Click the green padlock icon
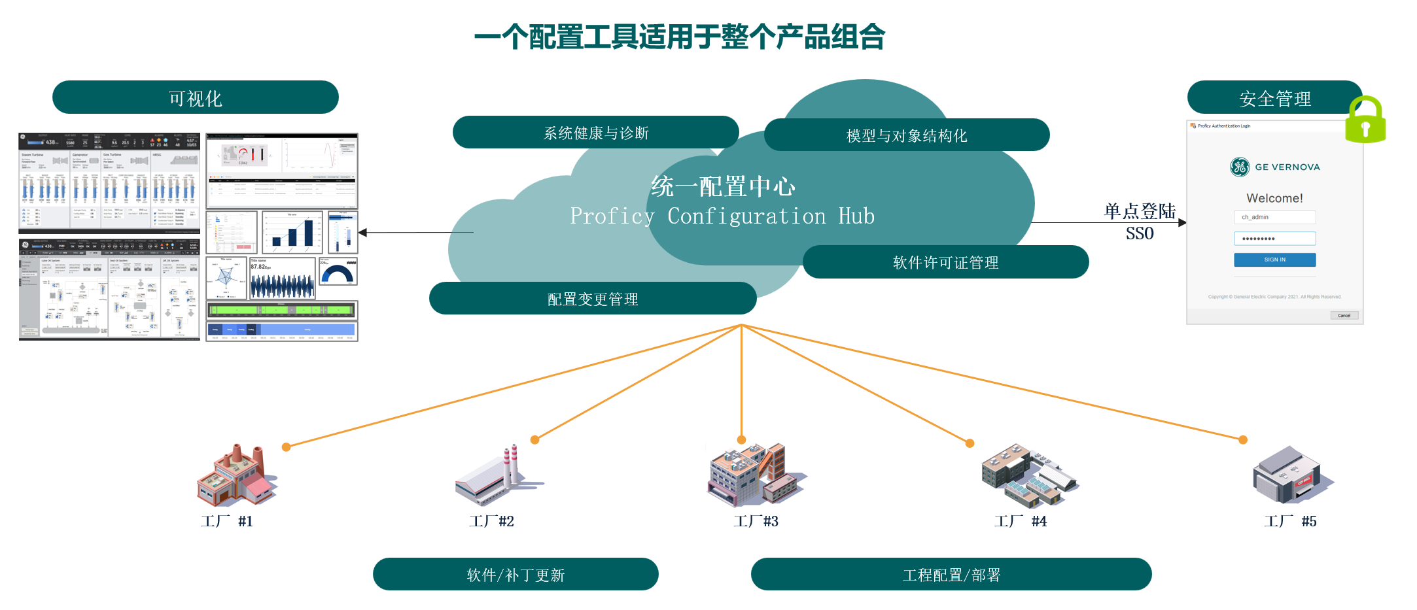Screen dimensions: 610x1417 (1365, 121)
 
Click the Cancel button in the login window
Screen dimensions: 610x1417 (1344, 315)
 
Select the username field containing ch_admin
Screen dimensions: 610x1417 (1274, 217)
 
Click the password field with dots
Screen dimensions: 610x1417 (1274, 239)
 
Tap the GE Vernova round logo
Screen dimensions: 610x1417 (1239, 167)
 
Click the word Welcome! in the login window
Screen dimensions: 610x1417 (1274, 198)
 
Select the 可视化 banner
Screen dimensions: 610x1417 (195, 98)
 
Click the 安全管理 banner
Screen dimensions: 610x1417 (1274, 98)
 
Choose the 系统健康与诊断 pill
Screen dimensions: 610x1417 (595, 133)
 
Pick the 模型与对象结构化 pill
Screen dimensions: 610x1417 (906, 135)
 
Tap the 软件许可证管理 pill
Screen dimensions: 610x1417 (945, 262)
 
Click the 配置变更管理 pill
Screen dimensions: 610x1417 (592, 299)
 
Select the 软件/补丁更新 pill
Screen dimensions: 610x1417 (516, 575)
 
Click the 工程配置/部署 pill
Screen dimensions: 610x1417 (951, 575)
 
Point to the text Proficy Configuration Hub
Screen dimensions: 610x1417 (722, 216)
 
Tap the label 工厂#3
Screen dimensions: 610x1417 (756, 521)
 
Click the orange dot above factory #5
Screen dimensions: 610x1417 (1243, 440)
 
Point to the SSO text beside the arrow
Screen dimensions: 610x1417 (1140, 233)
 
